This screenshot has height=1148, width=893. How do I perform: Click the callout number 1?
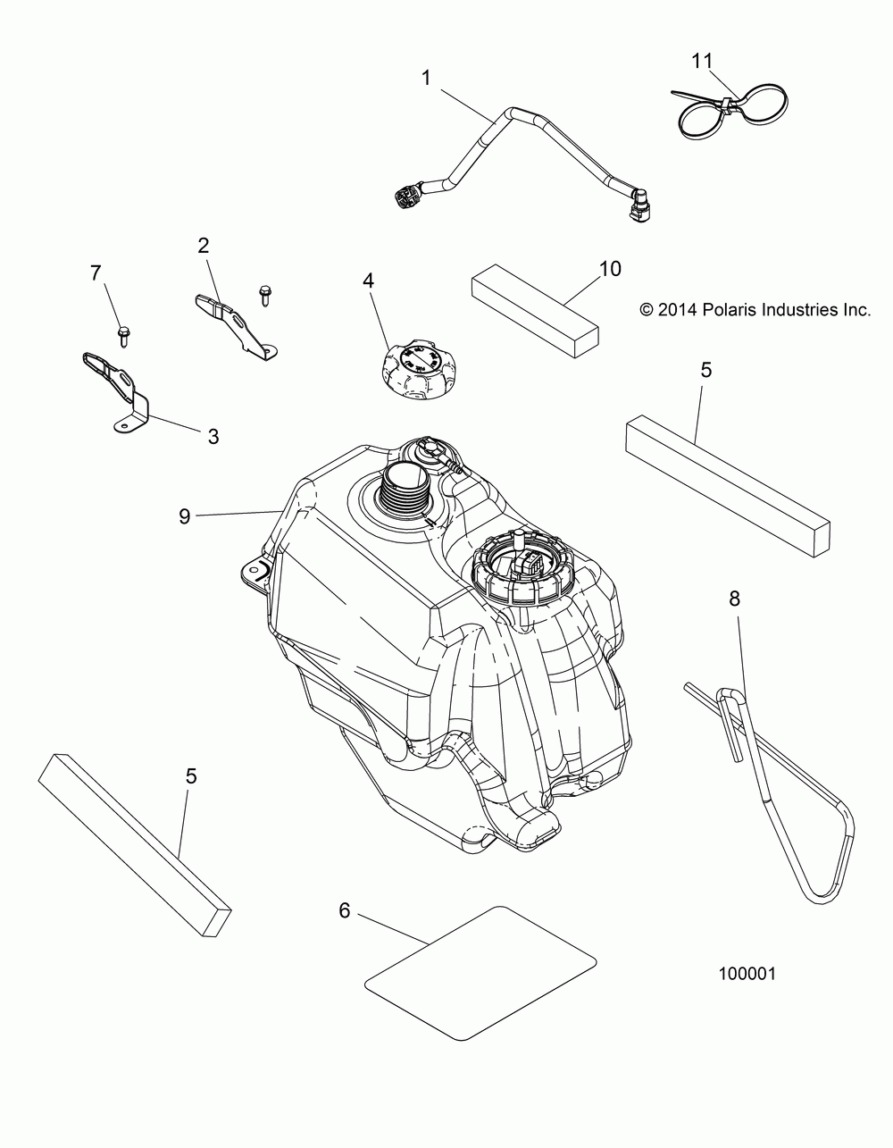(427, 78)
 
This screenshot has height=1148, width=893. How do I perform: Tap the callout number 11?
(703, 61)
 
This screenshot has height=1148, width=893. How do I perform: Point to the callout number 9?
(184, 516)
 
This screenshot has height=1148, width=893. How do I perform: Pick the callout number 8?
(734, 599)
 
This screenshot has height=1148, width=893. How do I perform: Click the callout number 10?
(611, 268)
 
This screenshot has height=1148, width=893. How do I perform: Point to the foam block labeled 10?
(534, 309)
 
